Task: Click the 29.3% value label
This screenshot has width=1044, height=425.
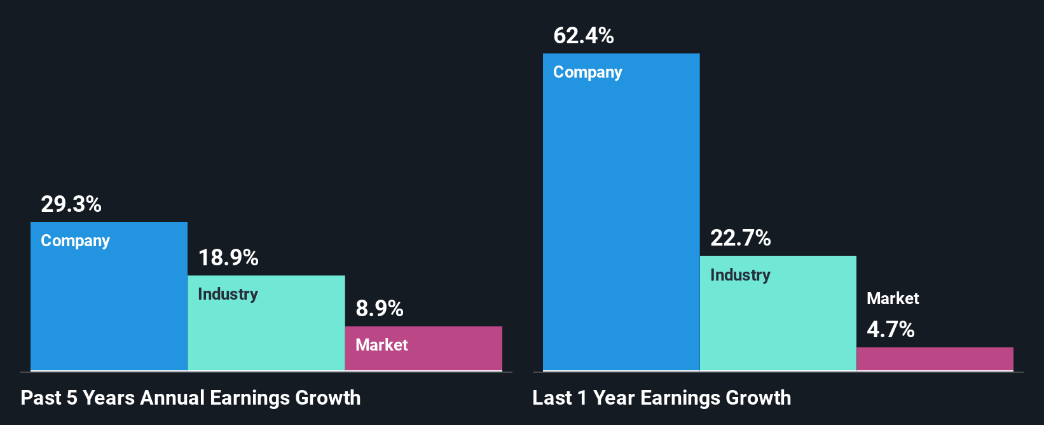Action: point(71,204)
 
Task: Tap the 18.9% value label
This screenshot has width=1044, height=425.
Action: point(228,258)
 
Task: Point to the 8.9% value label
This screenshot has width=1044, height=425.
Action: point(380,309)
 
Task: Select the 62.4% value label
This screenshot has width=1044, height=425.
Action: point(584,36)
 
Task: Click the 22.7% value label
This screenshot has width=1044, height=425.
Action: point(740,238)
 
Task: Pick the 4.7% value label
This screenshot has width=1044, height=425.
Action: point(891,330)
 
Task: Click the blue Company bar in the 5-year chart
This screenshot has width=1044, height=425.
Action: point(109,305)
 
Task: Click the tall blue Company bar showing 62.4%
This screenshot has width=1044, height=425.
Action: point(621,223)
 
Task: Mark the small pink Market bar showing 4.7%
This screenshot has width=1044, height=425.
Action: point(935,359)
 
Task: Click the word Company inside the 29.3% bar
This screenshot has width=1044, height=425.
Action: point(75,241)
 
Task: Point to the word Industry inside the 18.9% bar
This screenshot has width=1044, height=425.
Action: point(228,294)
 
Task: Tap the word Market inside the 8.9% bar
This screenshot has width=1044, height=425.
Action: point(381,345)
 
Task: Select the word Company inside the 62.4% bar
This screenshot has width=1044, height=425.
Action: point(587,73)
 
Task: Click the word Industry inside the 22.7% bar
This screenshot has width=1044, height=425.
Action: point(740,275)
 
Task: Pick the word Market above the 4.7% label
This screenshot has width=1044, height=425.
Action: point(893,298)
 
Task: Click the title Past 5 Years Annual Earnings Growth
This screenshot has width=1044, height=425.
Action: point(191,398)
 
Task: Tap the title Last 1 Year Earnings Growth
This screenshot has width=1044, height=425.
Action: point(662,398)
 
